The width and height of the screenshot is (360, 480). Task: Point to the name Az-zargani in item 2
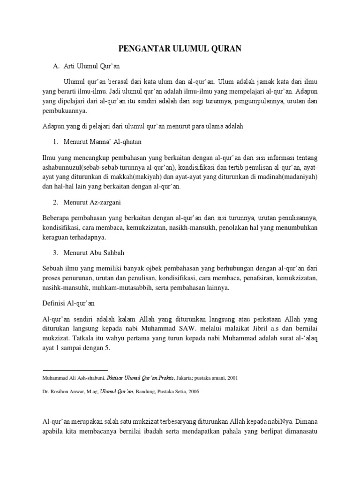point(107,202)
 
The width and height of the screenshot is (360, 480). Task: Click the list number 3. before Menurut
point(55,253)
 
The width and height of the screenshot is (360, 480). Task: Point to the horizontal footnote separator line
point(75,370)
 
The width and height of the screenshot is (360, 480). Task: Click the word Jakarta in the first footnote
point(179,377)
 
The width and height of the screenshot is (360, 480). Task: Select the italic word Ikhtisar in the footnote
point(117,377)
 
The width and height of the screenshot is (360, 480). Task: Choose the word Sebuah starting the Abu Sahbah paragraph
point(54,268)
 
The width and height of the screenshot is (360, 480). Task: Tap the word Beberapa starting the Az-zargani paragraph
point(57,218)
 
